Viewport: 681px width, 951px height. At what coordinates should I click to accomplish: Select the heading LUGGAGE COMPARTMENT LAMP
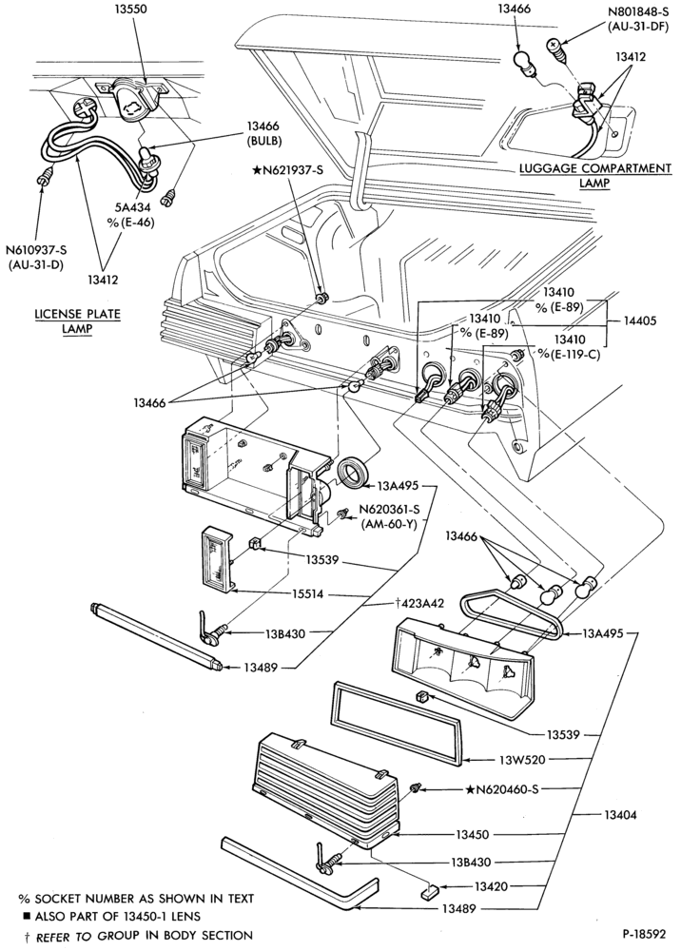tap(594, 175)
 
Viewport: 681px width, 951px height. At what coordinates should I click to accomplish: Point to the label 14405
tap(640, 320)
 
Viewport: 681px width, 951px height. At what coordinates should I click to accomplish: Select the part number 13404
tap(620, 815)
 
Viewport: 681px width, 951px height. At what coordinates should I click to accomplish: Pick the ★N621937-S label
tap(287, 170)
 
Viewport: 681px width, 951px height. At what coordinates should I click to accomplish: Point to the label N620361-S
tap(389, 510)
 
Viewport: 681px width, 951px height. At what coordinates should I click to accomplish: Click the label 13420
tap(491, 886)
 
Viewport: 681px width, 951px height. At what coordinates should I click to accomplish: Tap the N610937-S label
tap(35, 249)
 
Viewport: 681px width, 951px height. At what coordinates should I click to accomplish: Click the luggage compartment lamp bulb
tap(524, 63)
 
